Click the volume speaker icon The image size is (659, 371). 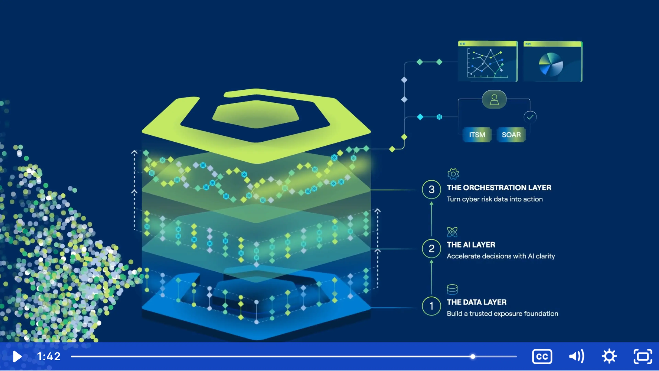point(576,356)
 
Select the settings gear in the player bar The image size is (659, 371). point(609,356)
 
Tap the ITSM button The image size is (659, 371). point(477,135)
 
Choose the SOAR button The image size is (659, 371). point(511,135)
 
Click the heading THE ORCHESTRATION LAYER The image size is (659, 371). point(499,188)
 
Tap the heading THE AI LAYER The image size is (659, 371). point(471,245)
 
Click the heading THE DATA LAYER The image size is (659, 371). point(477,302)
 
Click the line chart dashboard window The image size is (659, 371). point(488,62)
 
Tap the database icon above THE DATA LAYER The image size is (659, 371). point(452,290)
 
